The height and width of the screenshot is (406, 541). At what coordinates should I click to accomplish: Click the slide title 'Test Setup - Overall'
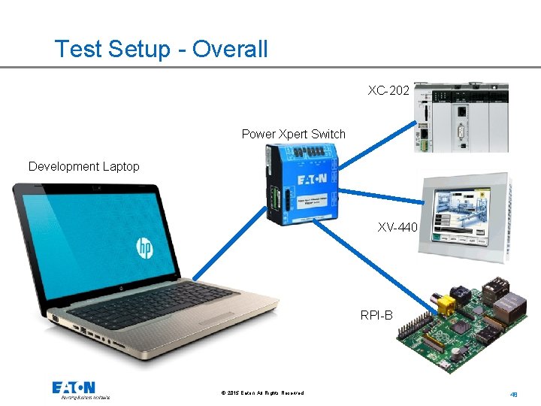(161, 50)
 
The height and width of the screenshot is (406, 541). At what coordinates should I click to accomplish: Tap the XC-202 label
(388, 91)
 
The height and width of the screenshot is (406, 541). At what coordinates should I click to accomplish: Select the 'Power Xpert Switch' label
(293, 135)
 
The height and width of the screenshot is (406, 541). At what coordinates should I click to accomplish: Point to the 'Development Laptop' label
(83, 166)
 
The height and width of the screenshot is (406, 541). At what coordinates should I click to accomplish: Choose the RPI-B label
(376, 315)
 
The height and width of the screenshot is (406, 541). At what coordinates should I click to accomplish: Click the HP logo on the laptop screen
(145, 247)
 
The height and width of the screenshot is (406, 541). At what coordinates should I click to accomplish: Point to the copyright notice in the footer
(262, 393)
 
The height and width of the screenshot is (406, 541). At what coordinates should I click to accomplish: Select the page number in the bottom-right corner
(514, 393)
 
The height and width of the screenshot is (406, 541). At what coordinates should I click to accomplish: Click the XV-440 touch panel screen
(460, 215)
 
